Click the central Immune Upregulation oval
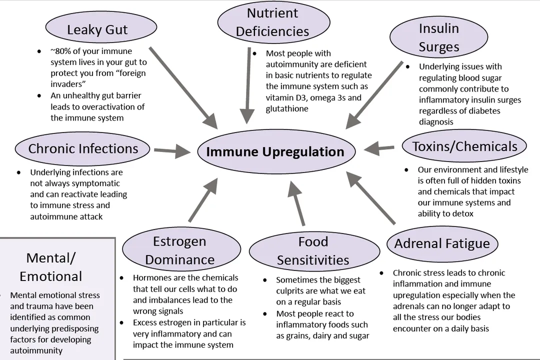[275, 152]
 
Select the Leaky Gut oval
[97, 29]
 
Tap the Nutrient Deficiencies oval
[273, 22]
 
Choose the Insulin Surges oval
[438, 37]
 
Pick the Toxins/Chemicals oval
[464, 146]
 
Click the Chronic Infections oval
[83, 148]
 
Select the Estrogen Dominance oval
[179, 250]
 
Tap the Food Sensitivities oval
[313, 251]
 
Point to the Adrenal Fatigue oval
[442, 243]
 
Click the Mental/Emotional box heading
[51, 267]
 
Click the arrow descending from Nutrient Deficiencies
[246, 85]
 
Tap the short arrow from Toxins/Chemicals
[379, 148]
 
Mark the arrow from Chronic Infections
[172, 151]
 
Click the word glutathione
[287, 108]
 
